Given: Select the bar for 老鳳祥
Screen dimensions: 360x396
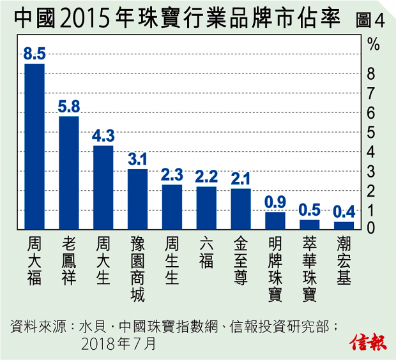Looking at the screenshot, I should coord(69,172).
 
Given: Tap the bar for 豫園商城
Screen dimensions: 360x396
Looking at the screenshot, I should coord(138,199).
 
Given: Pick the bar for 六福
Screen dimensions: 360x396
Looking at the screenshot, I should coord(206,207).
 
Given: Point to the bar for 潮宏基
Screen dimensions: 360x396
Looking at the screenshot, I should coord(344,225).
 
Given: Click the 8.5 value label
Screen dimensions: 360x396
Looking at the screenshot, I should coord(34,54).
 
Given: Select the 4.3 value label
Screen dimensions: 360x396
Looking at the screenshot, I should coord(103,136).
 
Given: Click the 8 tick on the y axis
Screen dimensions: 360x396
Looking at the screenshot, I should coord(371,74).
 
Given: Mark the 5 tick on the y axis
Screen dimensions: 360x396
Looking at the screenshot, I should coord(371,132).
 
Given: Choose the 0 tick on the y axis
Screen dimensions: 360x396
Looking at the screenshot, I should coord(371,227).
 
